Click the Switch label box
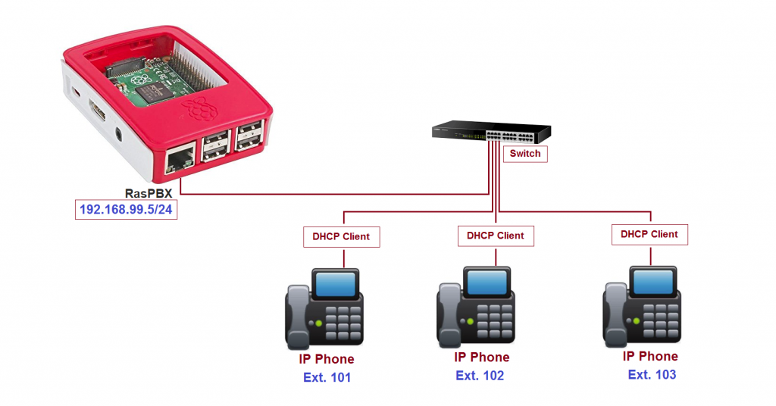(x=525, y=154)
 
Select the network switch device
(x=491, y=132)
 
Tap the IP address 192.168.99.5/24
(x=126, y=209)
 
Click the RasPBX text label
(x=149, y=193)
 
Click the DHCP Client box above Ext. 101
(x=342, y=237)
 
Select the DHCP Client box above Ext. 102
(x=496, y=236)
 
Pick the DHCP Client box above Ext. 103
(x=649, y=234)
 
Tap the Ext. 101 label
(x=327, y=377)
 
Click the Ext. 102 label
(x=480, y=376)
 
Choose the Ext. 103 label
(x=652, y=374)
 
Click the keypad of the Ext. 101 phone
(x=343, y=323)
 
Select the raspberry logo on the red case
(x=200, y=109)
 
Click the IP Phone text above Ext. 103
(x=650, y=356)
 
